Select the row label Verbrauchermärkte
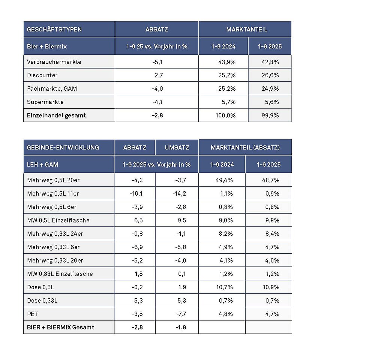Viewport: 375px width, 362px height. click(54, 62)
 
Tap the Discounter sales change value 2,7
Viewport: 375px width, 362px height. click(158, 75)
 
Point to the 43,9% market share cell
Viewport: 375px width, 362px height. click(226, 62)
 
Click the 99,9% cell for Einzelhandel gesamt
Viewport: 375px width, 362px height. click(270, 115)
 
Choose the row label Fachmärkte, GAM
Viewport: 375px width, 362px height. click(52, 88)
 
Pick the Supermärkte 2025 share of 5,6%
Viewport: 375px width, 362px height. click(270, 102)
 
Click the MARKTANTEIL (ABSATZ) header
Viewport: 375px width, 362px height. click(245, 148)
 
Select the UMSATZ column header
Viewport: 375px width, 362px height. click(177, 148)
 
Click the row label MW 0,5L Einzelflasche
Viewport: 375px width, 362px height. click(58, 220)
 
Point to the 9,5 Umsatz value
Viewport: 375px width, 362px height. click(182, 220)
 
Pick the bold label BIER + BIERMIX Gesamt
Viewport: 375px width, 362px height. click(60, 327)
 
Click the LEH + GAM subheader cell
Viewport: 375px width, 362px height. click(42, 165)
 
